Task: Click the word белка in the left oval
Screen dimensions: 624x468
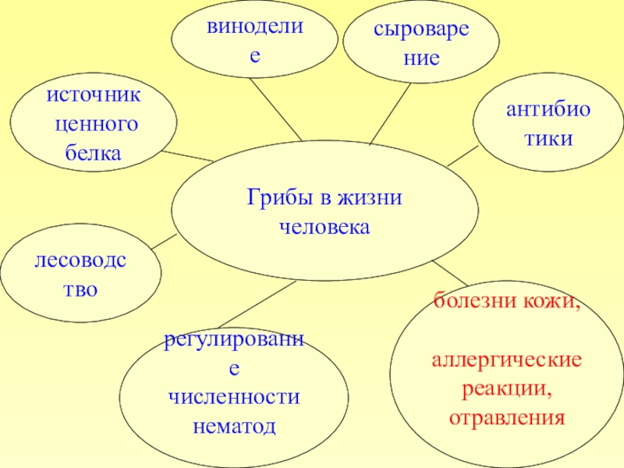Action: (x=93, y=153)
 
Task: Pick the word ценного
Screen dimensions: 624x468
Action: (x=94, y=124)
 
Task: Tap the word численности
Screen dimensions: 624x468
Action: (x=235, y=397)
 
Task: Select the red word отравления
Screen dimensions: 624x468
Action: (x=506, y=417)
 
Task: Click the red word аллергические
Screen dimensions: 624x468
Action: (x=506, y=361)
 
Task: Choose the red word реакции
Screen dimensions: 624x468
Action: (x=506, y=388)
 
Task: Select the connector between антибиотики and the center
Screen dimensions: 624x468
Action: (x=463, y=156)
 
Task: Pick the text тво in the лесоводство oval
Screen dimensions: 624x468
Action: (x=80, y=289)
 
